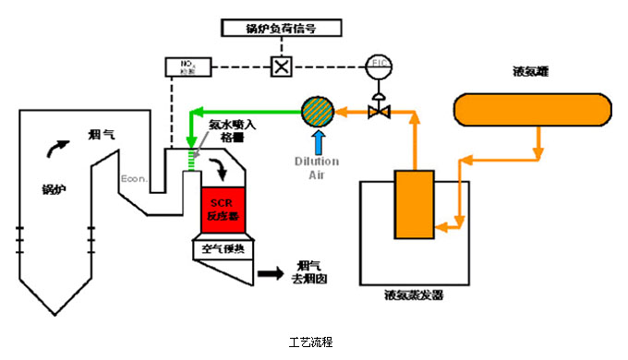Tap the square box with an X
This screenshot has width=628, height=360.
tap(279, 67)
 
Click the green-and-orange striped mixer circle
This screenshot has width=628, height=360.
tap(318, 112)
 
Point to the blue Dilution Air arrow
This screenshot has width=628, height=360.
tap(318, 143)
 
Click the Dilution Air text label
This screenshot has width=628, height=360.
tap(318, 166)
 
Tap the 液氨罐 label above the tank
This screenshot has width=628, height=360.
tap(531, 71)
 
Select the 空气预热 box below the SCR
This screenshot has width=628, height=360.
tap(221, 248)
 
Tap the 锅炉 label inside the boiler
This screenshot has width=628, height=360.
tap(54, 189)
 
